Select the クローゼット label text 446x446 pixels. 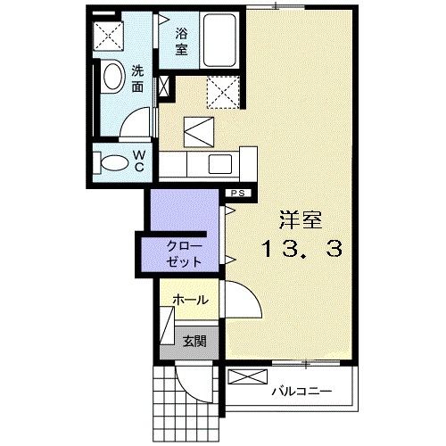(x=184, y=252)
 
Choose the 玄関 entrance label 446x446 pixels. (x=194, y=340)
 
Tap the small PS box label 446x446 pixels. (x=238, y=193)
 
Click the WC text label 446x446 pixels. (x=139, y=161)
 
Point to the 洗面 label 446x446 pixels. (x=139, y=78)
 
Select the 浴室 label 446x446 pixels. (x=181, y=42)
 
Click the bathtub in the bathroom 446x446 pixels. (x=219, y=40)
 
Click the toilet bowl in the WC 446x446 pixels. (x=113, y=162)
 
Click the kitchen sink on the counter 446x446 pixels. (x=219, y=162)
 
